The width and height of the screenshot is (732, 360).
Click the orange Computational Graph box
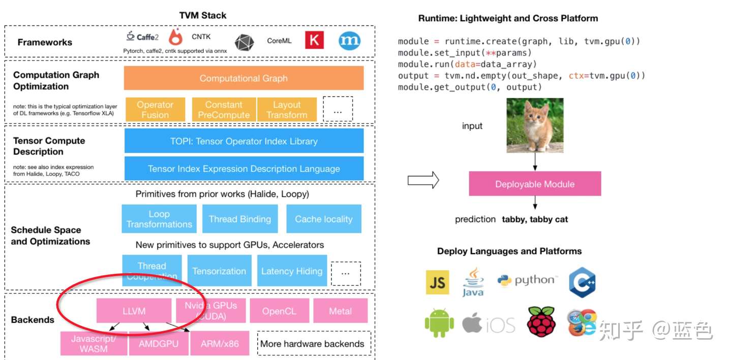click(x=243, y=78)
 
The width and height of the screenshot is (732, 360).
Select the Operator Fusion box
click(x=155, y=109)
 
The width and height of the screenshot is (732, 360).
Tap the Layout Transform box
click(x=287, y=109)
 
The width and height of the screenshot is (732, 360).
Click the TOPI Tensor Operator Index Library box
click(x=243, y=141)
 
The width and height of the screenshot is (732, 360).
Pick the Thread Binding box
click(x=240, y=219)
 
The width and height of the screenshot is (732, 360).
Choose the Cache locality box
click(x=324, y=219)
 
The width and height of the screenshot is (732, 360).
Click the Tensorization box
click(x=219, y=271)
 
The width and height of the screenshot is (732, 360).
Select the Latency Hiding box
click(x=292, y=271)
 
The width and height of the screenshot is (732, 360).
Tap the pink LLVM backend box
click(x=134, y=311)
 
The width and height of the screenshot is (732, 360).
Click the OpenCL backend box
click(x=279, y=311)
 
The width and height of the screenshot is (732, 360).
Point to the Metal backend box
click(x=340, y=311)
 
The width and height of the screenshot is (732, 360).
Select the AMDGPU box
click(x=159, y=343)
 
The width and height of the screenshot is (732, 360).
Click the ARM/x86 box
click(x=219, y=343)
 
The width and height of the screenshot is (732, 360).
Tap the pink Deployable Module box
click(x=535, y=184)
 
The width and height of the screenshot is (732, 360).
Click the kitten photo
click(x=535, y=125)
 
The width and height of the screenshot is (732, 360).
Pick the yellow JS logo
click(x=437, y=282)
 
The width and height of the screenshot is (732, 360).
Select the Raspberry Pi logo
click(x=541, y=321)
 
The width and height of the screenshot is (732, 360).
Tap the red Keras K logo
click(x=314, y=40)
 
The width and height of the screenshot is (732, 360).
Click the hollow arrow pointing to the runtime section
click(x=423, y=179)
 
